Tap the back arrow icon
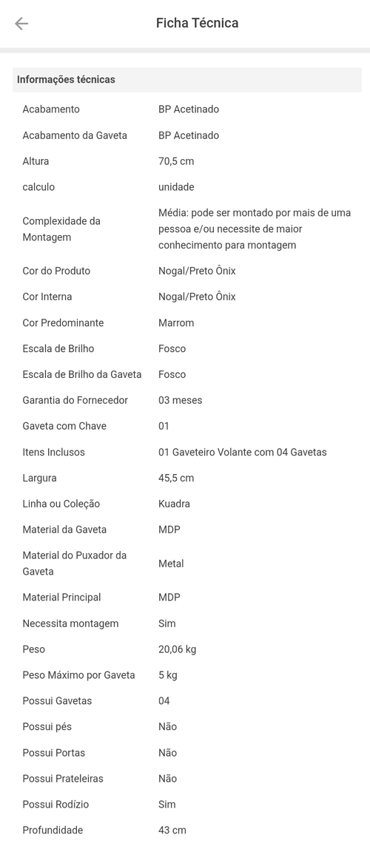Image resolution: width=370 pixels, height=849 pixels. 21,24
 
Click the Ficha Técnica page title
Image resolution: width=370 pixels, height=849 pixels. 197,23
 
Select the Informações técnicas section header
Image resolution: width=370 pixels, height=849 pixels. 66,80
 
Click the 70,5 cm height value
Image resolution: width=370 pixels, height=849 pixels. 176,161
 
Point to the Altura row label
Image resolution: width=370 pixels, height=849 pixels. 36,161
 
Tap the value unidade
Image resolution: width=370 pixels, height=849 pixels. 176,187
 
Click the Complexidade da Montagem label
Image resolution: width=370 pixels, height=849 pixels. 61,229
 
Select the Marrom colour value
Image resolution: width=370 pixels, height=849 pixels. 176,323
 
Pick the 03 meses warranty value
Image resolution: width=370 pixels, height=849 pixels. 180,401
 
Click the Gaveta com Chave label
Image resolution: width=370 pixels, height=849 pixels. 70,427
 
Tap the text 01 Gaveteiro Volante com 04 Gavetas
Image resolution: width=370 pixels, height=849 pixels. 242,453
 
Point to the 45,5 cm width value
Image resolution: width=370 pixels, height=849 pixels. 176,478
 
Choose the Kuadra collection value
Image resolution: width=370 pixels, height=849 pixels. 174,504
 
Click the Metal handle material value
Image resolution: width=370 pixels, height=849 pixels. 171,564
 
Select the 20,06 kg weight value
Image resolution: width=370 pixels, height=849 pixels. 177,649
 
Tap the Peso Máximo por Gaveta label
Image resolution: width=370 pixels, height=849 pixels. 78,675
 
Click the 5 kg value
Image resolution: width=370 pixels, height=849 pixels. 168,675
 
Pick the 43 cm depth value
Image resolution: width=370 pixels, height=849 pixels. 172,831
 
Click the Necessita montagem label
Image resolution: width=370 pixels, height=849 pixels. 70,623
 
